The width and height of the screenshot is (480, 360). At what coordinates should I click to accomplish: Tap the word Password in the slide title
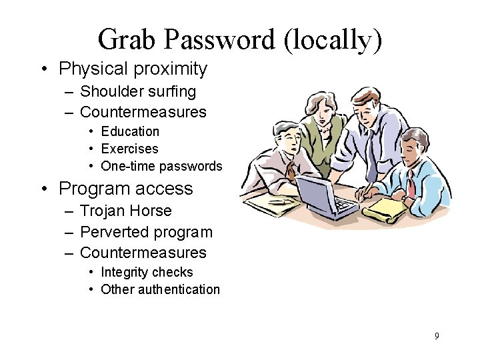pos(220,40)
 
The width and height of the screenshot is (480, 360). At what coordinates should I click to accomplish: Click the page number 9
pos(437,336)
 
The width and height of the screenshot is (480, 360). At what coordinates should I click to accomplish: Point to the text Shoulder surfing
pos(138,91)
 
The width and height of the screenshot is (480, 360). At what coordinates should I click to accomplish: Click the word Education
pos(130,131)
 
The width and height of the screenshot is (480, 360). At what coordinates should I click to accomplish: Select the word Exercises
pos(129,149)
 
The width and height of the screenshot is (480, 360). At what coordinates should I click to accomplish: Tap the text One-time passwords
pos(161,166)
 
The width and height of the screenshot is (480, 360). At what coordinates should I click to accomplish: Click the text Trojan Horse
pos(125,211)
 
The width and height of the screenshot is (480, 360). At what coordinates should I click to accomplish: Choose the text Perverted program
pos(146,233)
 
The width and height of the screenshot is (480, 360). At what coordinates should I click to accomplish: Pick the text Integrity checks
pos(147,272)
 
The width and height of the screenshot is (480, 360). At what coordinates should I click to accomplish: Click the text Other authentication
pos(160,289)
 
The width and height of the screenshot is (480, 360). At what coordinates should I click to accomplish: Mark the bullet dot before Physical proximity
pos(44,69)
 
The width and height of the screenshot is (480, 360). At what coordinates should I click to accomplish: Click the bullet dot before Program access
pos(44,189)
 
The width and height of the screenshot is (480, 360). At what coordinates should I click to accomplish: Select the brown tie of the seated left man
pos(291,169)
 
